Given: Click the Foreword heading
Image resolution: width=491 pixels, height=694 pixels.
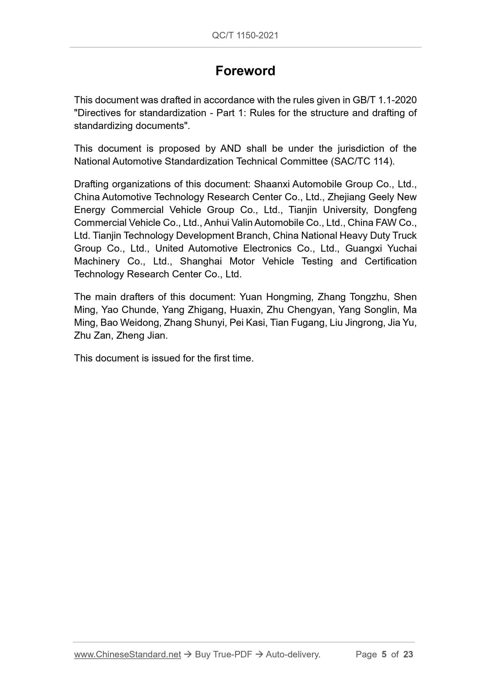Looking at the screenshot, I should (x=245, y=71).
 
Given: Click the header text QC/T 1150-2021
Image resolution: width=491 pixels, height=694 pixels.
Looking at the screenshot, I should (x=245, y=36).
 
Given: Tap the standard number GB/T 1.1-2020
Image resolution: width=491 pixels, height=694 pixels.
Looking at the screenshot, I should (x=385, y=100).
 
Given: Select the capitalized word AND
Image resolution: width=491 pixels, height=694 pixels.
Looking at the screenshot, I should (x=231, y=148).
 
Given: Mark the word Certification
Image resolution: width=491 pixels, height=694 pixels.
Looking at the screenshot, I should (x=390, y=261).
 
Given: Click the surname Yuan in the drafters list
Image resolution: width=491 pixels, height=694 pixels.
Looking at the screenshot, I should (x=251, y=297).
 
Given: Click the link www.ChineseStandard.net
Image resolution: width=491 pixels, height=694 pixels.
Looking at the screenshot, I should (x=127, y=654).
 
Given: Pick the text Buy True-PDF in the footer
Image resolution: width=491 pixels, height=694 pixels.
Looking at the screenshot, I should (x=223, y=654).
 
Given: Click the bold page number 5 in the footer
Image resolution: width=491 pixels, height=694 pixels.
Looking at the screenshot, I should (x=384, y=654).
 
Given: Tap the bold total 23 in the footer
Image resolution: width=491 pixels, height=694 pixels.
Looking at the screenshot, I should (x=408, y=654).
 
